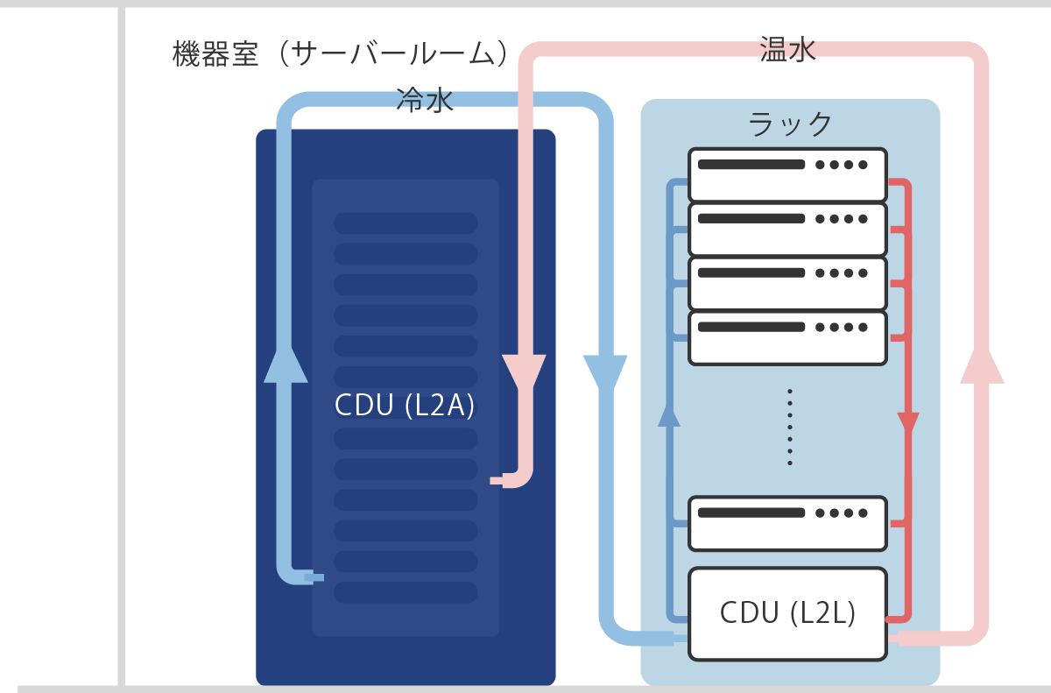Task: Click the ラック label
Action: pos(790,124)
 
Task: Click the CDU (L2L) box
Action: pos(787,613)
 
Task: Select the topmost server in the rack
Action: pos(787,174)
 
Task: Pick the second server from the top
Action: pos(787,229)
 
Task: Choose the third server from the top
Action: pos(787,283)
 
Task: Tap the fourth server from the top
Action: pos(787,337)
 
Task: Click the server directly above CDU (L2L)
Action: pos(787,523)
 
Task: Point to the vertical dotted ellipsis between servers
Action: pos(790,426)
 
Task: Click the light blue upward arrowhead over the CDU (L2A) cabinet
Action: pos(286,364)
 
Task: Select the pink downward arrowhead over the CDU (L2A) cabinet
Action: pos(525,373)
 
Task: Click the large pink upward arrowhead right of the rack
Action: pos(982,364)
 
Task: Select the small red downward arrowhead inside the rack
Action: pos(908,422)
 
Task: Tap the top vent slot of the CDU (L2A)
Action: pos(406,223)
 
